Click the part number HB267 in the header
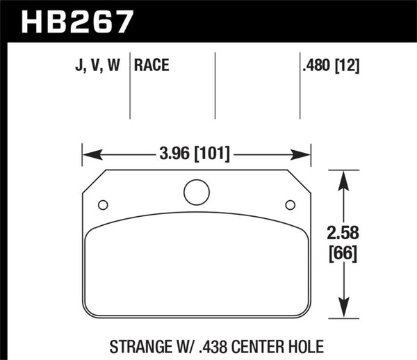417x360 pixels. click(77, 21)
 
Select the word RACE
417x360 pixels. click(153, 67)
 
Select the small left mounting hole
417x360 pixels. click(103, 204)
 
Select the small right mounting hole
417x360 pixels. click(291, 204)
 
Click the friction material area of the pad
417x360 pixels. click(197, 271)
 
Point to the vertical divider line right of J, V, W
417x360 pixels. click(131, 90)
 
